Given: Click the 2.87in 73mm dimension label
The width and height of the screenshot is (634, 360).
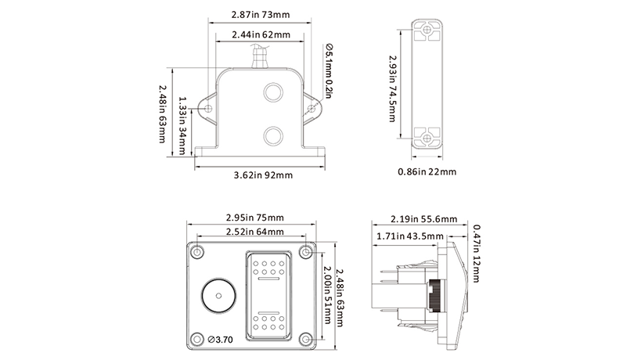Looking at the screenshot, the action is tap(261, 15).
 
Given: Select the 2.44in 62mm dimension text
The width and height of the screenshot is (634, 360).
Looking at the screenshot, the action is tap(261, 34).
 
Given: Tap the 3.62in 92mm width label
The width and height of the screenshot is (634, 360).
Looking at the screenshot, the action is tap(263, 175).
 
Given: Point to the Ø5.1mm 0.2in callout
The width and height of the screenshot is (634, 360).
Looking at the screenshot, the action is tap(328, 71).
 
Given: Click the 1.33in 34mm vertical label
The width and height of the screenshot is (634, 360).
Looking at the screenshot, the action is tap(182, 125).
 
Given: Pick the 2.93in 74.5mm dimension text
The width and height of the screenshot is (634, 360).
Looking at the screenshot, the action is tap(392, 89).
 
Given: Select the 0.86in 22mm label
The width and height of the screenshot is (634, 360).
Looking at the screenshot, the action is tap(427, 172).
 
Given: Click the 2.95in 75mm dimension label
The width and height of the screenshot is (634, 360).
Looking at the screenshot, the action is tap(254, 218).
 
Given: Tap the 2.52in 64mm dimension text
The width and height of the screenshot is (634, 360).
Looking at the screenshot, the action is tap(254, 232).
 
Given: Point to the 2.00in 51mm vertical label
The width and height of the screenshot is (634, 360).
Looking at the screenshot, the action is tap(327, 295).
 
